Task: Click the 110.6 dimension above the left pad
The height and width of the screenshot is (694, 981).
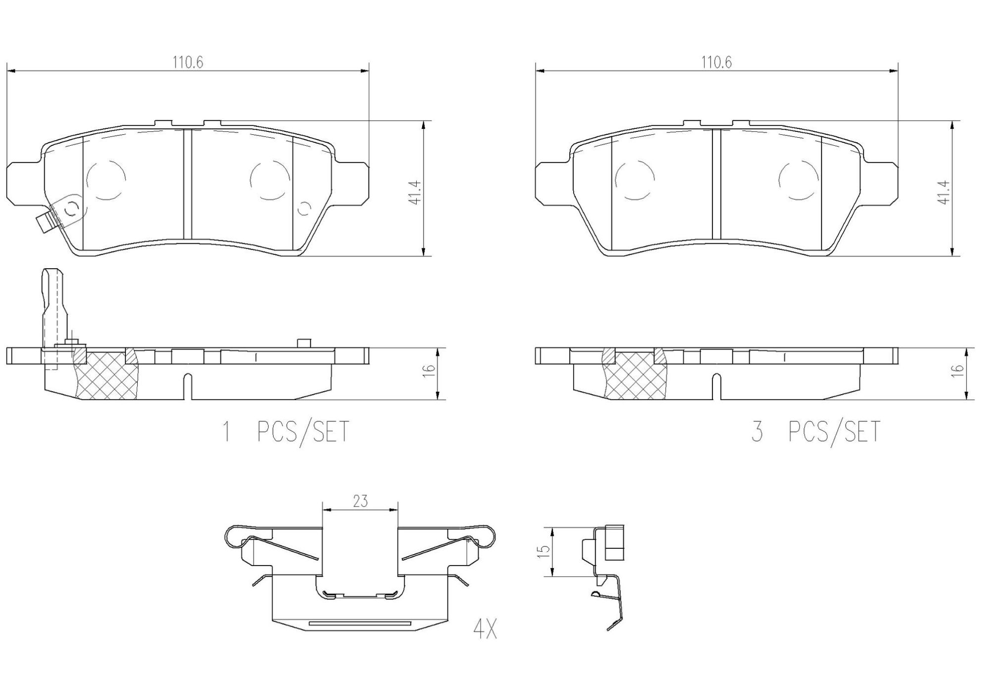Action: tap(188, 62)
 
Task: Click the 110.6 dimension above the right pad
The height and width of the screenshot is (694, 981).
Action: tap(716, 62)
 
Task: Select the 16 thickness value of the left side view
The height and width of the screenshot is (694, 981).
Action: tap(430, 369)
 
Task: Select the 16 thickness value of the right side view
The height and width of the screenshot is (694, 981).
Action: tap(958, 369)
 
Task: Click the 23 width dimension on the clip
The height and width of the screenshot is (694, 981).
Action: tap(361, 501)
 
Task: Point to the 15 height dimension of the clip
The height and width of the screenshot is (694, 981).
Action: tap(545, 551)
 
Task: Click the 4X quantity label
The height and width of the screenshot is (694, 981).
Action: tap(485, 630)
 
